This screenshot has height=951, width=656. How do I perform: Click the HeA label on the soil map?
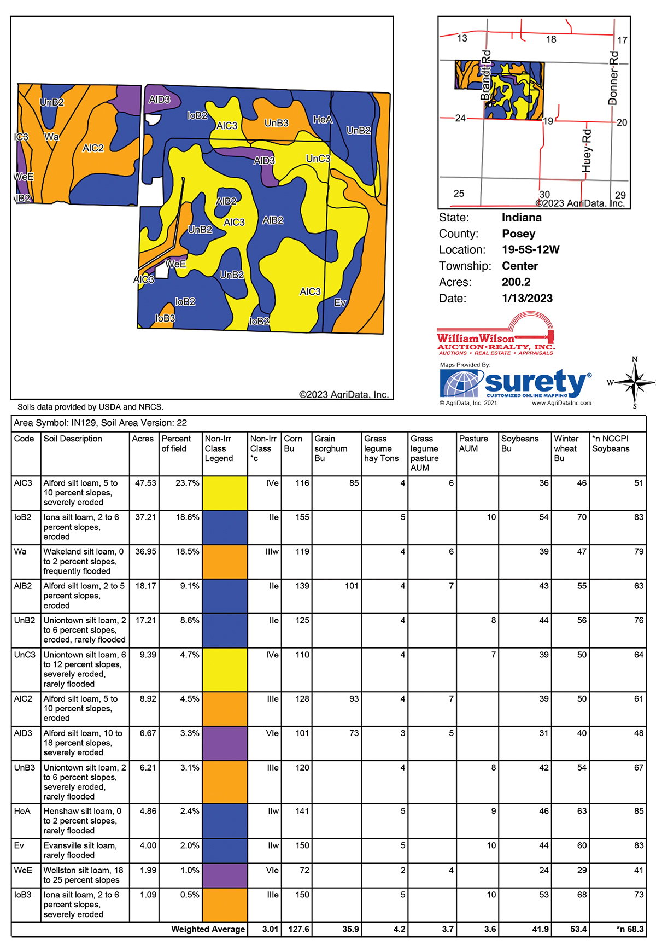click(x=323, y=119)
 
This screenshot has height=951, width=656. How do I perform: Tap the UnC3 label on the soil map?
click(x=318, y=159)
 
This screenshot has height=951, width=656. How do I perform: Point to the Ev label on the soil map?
click(x=340, y=302)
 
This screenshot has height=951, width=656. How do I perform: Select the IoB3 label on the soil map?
click(x=165, y=318)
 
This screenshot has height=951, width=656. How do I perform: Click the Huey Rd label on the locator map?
click(x=587, y=150)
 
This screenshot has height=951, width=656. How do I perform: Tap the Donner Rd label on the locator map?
click(x=613, y=78)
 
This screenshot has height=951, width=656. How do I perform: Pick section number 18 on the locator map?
click(x=551, y=39)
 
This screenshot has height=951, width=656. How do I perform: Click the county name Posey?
click(x=518, y=234)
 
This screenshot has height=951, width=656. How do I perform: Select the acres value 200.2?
click(x=516, y=282)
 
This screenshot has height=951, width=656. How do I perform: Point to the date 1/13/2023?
click(x=527, y=299)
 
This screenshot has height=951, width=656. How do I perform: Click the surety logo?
click(x=516, y=384)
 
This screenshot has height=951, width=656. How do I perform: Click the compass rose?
click(x=634, y=382)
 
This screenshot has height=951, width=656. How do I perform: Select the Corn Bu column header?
click(x=293, y=444)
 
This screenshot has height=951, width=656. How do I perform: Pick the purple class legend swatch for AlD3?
click(x=225, y=743)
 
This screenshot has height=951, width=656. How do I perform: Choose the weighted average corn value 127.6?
click(x=298, y=929)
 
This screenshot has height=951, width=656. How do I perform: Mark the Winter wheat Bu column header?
click(x=566, y=448)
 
